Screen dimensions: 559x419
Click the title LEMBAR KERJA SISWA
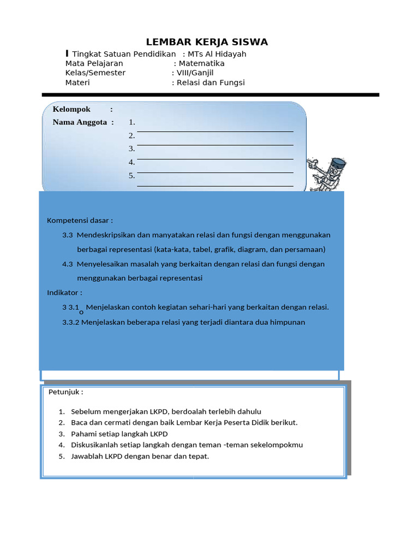point(207,42)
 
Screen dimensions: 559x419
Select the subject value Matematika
point(202,63)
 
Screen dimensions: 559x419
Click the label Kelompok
point(71,109)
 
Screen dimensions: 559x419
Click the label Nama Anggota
point(80,122)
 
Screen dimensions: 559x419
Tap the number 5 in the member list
point(131,176)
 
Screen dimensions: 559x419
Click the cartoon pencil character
point(327,174)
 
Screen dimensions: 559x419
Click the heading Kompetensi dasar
point(80,221)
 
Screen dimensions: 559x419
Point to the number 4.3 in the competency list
point(68,264)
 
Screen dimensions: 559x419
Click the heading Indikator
point(64,293)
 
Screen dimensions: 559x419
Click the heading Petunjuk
point(65,392)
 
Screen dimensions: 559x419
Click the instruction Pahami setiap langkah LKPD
point(119,434)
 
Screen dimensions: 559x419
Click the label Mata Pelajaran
point(94,63)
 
